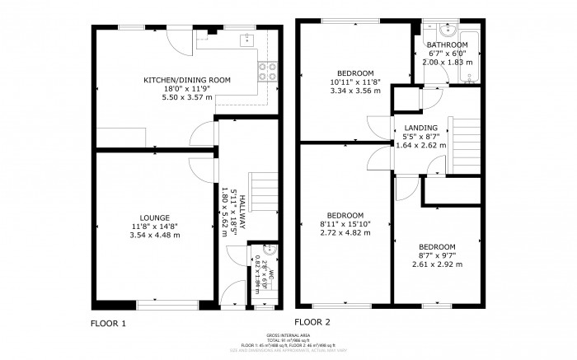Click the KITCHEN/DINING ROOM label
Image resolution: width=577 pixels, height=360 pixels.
coord(187,80)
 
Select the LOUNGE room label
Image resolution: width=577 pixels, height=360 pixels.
coord(154,217)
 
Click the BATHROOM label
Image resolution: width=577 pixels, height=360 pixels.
coord(447,44)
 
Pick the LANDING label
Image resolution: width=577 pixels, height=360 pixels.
coord(420,127)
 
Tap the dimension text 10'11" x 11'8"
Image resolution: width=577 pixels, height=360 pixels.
coord(355,82)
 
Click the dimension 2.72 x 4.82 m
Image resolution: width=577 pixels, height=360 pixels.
coord(345,232)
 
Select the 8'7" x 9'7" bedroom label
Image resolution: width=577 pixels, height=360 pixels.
coord(436,256)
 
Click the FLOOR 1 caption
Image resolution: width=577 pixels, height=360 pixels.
coord(108,324)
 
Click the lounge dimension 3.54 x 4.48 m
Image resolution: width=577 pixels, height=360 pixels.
coord(154,235)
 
